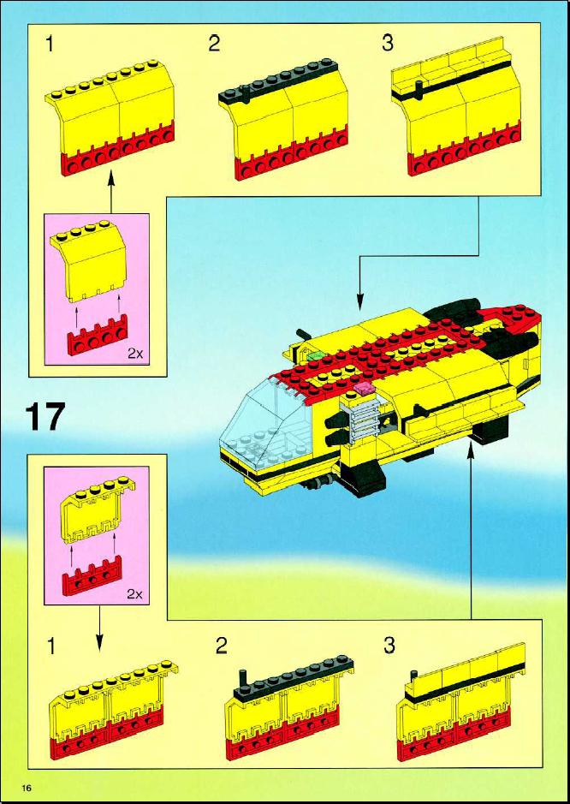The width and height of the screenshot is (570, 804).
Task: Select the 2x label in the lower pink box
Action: pos(135,594)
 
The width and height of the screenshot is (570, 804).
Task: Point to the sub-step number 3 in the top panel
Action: pos(388,44)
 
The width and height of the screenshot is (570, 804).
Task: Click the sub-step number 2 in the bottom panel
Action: pos(221,646)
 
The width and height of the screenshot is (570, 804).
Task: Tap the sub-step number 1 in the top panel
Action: pos(49,45)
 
